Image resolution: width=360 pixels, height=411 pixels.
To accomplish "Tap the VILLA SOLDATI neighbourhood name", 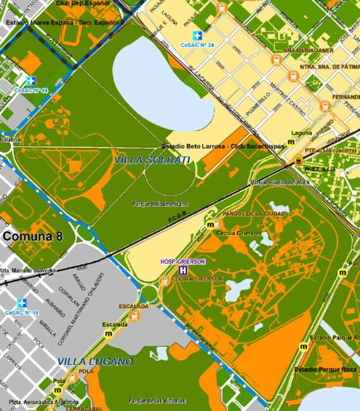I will [152, 161].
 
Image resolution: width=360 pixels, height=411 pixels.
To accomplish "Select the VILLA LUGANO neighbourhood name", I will [95, 362].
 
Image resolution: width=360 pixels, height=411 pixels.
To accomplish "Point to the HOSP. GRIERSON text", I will [182, 261].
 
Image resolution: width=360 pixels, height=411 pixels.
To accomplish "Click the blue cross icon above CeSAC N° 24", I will [198, 36].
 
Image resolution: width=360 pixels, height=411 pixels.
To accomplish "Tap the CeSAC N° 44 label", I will [31, 90].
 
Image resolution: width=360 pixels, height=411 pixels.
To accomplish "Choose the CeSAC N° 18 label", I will [22, 312].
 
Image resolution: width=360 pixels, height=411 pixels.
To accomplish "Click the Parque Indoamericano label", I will [161, 204].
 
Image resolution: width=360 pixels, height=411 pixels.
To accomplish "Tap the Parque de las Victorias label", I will [157, 401].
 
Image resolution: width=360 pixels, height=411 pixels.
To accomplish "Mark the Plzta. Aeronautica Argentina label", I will [44, 402].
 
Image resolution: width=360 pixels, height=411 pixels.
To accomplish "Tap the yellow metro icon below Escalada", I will [108, 334].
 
